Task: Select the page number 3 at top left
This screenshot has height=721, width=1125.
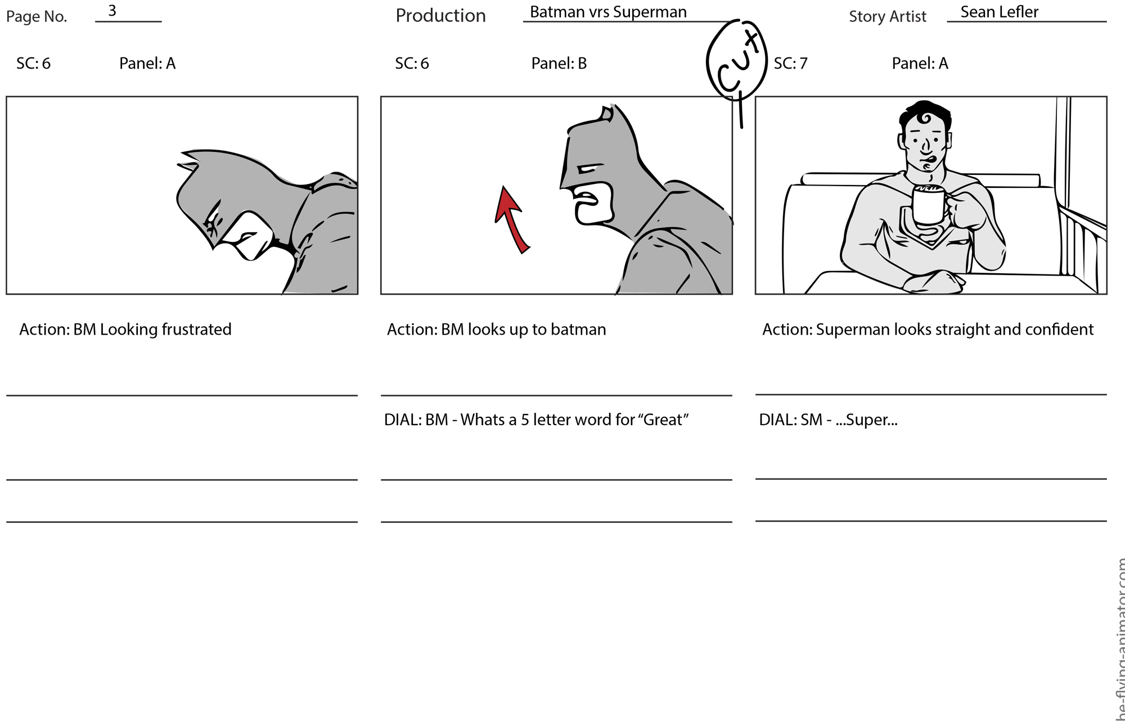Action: click(x=112, y=11)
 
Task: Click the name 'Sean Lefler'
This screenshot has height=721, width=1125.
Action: click(x=999, y=12)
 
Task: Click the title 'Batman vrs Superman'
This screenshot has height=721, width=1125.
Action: click(x=608, y=12)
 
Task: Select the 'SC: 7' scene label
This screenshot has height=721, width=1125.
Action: click(x=790, y=64)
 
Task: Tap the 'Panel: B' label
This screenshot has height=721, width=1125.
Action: click(x=559, y=64)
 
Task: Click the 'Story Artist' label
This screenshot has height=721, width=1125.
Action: click(x=888, y=17)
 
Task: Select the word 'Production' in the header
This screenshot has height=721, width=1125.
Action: click(x=440, y=16)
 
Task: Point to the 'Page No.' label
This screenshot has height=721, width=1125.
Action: click(x=37, y=17)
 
